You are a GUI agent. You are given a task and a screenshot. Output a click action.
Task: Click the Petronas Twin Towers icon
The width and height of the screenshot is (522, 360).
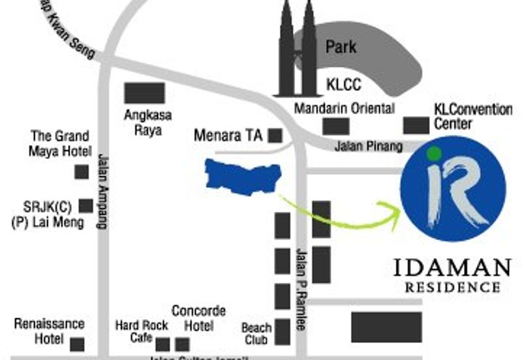click(298, 52)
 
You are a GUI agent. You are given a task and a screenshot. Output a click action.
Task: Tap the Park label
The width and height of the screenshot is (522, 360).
click(341, 47)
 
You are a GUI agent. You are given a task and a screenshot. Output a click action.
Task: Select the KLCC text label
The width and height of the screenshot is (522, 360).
click(343, 85)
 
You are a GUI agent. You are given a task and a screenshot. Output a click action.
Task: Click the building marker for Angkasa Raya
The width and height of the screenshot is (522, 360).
click(144, 93)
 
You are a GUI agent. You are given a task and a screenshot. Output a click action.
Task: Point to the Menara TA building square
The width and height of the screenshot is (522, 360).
click(275, 136)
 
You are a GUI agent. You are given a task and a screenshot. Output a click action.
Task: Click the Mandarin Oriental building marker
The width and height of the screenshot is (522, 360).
click(336, 125)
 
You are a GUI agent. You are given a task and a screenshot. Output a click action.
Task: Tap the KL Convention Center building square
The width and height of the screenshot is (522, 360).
click(416, 125)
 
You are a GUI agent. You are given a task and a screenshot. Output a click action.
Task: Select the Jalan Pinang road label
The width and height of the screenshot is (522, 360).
click(368, 147)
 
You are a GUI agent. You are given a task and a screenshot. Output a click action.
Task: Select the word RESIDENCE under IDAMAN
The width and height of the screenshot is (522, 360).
click(453, 287)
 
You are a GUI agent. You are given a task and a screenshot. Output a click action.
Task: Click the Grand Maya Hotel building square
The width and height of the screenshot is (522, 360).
click(82, 172)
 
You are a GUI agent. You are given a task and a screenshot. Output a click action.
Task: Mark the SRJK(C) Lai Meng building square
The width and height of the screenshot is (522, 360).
click(85, 206)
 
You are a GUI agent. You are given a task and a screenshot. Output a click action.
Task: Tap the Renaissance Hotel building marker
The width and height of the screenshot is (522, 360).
click(77, 344)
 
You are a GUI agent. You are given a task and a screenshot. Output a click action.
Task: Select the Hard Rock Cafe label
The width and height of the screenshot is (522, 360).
click(141, 331)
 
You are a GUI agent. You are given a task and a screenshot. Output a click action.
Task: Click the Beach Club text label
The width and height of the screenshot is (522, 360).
click(256, 333)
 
